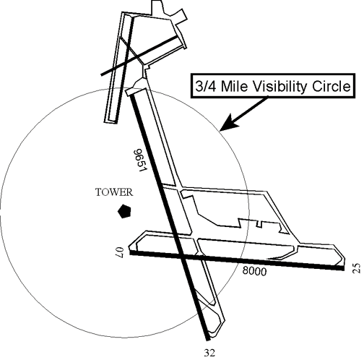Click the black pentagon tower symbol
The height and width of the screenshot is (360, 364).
tap(124, 211)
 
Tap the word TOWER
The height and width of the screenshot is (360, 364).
tap(114, 192)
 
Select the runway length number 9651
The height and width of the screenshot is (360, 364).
tap(140, 160)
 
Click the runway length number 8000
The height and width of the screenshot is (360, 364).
tap(254, 271)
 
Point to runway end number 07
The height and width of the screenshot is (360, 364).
tap(120, 252)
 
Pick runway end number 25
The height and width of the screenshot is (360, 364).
tap(357, 268)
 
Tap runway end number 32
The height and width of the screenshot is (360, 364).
tap(209, 353)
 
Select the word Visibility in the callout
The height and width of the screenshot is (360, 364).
tap(280, 87)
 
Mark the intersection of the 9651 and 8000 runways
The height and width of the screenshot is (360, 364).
tap(181, 256)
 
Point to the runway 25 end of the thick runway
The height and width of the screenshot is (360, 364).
tap(344, 268)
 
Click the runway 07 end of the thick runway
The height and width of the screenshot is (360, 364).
tap(131, 252)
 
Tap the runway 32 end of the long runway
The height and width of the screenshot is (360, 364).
tap(208, 340)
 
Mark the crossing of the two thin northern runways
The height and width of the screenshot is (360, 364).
tap(126, 63)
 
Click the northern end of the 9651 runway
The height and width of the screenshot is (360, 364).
tap(132, 96)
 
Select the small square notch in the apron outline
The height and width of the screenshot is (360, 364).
tap(259, 224)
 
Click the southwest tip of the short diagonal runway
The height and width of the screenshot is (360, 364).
tap(102, 74)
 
